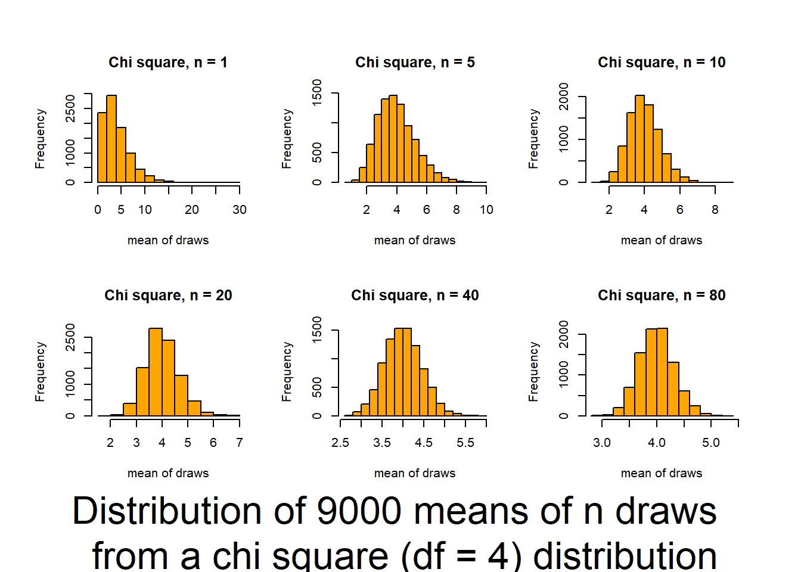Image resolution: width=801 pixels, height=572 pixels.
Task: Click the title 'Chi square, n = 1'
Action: point(167,63)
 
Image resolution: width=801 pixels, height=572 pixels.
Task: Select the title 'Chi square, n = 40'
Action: point(415,296)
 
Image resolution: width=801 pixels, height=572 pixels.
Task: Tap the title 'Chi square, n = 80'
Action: point(662,296)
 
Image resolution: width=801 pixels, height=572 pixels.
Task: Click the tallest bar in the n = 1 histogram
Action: point(111,139)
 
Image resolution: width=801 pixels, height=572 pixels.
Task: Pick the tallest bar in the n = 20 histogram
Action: point(156,372)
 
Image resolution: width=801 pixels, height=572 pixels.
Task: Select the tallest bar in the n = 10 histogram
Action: point(639,139)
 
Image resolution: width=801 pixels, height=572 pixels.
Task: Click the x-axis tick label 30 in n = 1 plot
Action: point(240,210)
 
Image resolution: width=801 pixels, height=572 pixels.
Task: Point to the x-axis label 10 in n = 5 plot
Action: point(486,210)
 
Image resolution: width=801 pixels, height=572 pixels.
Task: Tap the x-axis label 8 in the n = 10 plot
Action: point(715,210)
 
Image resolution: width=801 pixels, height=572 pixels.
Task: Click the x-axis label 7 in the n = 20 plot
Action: point(240,443)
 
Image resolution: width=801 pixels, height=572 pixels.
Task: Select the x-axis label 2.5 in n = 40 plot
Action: point(340,443)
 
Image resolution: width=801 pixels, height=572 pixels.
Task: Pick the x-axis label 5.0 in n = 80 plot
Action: point(711,443)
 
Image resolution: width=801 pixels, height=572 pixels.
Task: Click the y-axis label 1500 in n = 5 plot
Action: point(317,93)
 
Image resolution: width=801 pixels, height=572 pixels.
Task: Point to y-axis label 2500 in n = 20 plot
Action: point(70,337)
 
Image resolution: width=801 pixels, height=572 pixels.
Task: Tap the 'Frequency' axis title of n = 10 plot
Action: point(533,139)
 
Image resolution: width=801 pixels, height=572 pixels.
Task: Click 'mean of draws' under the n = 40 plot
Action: point(415,473)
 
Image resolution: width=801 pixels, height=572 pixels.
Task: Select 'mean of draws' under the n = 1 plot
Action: point(168,240)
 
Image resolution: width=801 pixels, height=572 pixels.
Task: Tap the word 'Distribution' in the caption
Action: point(167,511)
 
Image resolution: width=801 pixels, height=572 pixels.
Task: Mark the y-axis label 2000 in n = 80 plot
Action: point(564,334)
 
